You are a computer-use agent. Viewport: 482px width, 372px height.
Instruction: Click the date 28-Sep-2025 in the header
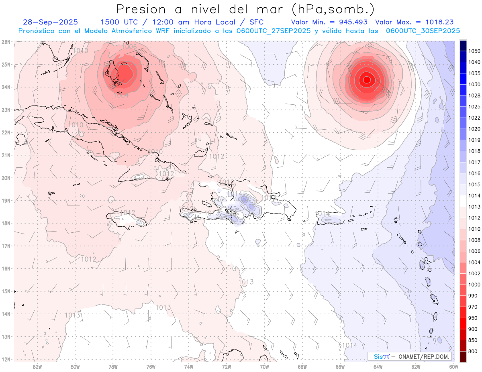point(50,22)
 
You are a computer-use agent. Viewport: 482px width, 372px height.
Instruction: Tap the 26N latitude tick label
point(6,42)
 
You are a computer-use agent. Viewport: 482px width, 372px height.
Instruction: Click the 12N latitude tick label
point(6,359)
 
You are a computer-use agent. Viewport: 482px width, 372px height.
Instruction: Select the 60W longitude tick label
point(454,366)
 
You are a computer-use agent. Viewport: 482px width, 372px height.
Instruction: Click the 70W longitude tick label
point(264,366)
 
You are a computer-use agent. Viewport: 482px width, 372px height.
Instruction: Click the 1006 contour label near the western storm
point(129,47)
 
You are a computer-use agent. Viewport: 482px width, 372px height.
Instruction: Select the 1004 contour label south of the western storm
point(121,95)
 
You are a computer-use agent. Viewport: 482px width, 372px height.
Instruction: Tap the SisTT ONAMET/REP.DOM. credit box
point(409,356)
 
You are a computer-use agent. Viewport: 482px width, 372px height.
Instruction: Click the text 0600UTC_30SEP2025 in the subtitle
point(423,31)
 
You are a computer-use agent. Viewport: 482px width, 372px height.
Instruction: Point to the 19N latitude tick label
point(6,201)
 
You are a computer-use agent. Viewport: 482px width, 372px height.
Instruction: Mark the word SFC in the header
point(256,22)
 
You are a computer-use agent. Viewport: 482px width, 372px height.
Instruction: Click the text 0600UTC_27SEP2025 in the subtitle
point(273,31)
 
